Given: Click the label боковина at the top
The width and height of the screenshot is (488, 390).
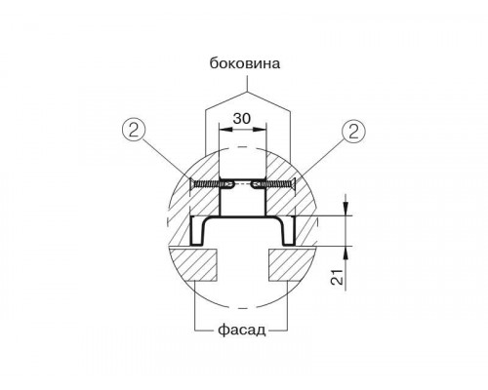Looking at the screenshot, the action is pyautogui.click(x=245, y=63).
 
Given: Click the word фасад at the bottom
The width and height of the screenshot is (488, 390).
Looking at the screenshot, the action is pyautogui.click(x=242, y=331).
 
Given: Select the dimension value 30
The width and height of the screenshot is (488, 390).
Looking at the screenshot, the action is pyautogui.click(x=242, y=119).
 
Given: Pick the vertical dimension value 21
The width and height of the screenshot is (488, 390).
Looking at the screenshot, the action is pyautogui.click(x=337, y=277).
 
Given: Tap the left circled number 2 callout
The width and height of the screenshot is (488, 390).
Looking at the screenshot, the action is pyautogui.click(x=134, y=131).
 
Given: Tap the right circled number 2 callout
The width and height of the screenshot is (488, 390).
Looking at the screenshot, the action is pyautogui.click(x=353, y=132).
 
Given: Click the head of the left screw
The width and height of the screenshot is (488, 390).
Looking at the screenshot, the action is pyautogui.click(x=191, y=185).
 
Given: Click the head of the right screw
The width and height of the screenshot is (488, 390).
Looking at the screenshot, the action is pyautogui.click(x=294, y=185).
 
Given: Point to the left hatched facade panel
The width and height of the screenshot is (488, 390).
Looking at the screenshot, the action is pyautogui.click(x=192, y=264).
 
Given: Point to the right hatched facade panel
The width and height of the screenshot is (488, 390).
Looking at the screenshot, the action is pyautogui.click(x=291, y=264).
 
